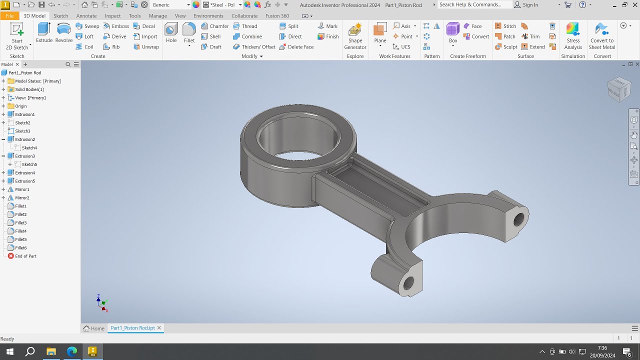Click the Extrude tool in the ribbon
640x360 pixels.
44,32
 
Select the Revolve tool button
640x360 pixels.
64,32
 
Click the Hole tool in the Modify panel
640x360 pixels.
171,32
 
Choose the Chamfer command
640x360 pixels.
214,26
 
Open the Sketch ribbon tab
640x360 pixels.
60,16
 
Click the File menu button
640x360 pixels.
9,16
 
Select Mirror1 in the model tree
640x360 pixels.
22,189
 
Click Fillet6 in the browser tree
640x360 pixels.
20,248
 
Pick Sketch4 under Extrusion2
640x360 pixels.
29,148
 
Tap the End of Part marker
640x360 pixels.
25,256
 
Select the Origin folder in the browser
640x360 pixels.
20,106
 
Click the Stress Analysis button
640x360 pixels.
573,36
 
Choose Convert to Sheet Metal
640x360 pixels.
602,36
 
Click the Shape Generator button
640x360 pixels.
355,36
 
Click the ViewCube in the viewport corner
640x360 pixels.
618,89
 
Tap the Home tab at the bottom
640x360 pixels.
94,328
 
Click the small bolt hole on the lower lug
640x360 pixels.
408,283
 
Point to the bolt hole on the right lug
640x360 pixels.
518,219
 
